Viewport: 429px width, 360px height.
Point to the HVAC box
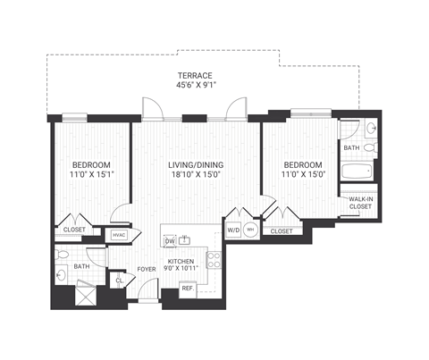119,235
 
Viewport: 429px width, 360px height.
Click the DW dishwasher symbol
169,240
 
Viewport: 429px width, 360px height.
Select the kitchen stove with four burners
214,260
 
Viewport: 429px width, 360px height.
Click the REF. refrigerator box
188,288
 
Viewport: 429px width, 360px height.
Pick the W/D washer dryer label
232,229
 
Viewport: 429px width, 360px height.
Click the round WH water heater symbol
251,230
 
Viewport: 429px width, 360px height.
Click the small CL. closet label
119,280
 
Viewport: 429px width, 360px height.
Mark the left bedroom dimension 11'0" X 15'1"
91,176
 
